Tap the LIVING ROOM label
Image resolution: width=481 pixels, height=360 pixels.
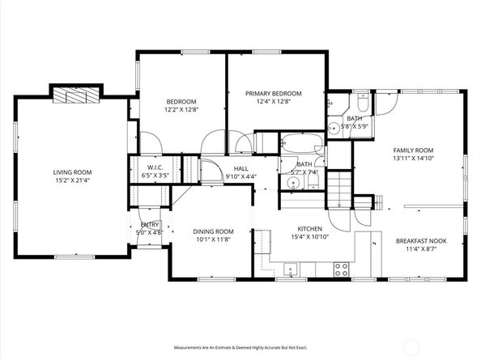click(x=72, y=172)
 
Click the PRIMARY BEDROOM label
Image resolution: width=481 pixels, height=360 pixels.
click(x=273, y=94)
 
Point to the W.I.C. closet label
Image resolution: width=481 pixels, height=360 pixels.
click(x=155, y=166)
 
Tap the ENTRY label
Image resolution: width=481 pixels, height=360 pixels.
click(x=151, y=224)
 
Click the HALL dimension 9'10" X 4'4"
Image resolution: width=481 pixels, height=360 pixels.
click(x=240, y=176)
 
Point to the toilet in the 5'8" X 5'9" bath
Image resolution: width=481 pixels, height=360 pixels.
click(x=361, y=104)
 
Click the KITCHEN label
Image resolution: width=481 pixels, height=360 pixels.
click(x=301, y=230)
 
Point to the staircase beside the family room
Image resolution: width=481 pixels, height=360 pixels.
click(x=340, y=194)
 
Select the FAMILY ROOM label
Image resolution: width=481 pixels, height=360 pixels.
click(x=413, y=150)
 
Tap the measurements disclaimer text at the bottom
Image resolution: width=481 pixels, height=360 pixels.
click(x=241, y=347)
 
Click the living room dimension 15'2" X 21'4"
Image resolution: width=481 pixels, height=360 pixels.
click(x=72, y=181)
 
